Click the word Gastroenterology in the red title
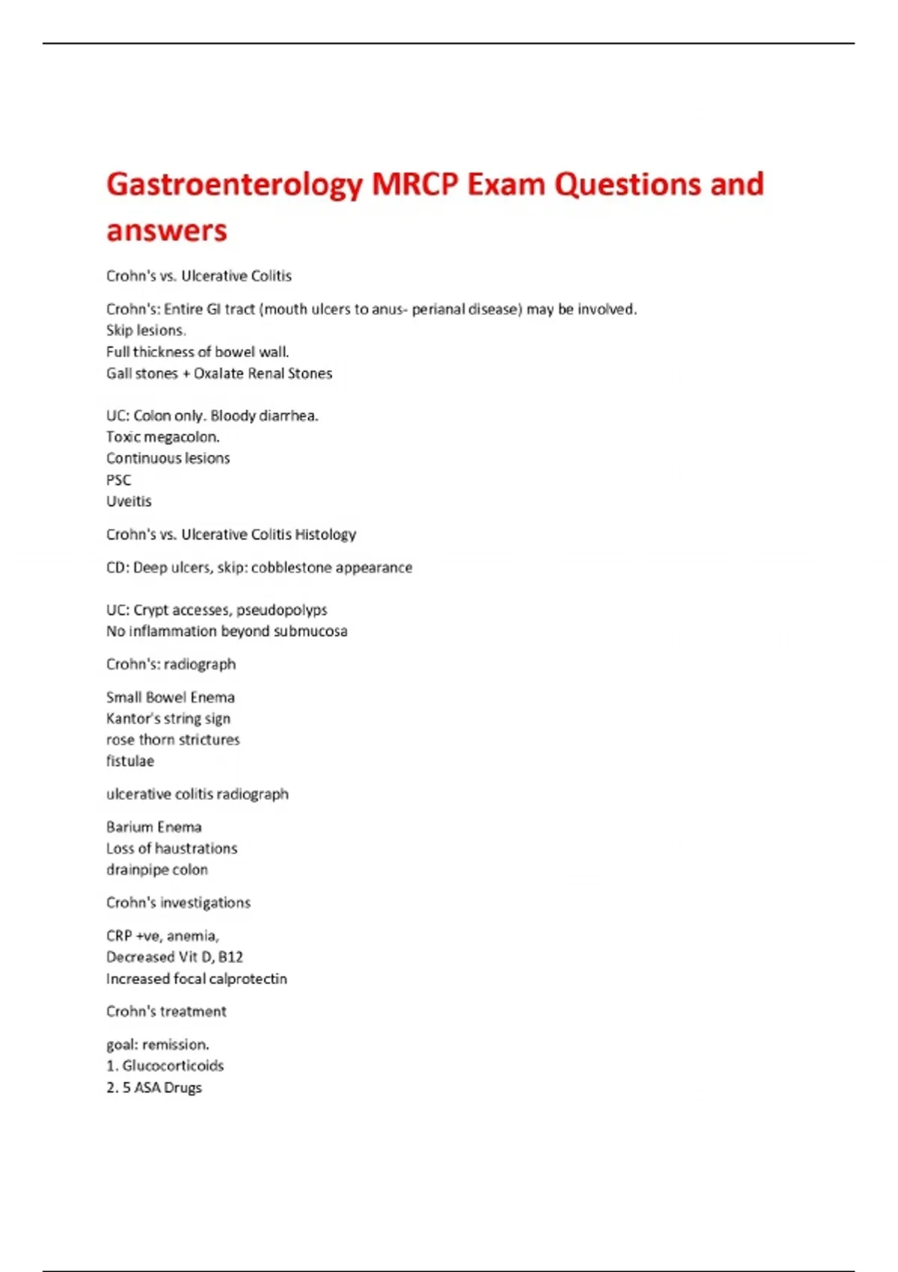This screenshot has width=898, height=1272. click(234, 185)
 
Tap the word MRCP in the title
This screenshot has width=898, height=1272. click(414, 184)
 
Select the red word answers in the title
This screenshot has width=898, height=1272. click(166, 230)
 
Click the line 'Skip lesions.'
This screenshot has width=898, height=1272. click(146, 330)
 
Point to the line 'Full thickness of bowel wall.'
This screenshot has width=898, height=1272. click(198, 352)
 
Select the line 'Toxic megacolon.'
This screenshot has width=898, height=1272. click(162, 437)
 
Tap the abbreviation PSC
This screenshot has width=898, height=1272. click(118, 480)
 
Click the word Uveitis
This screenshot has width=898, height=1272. click(129, 501)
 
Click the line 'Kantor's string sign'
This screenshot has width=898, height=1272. click(168, 718)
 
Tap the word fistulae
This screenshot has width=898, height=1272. click(130, 761)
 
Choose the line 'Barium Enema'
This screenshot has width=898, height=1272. click(153, 827)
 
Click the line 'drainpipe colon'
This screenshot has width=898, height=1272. click(157, 869)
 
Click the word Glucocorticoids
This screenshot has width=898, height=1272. click(173, 1065)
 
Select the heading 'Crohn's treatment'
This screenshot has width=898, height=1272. click(166, 1012)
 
